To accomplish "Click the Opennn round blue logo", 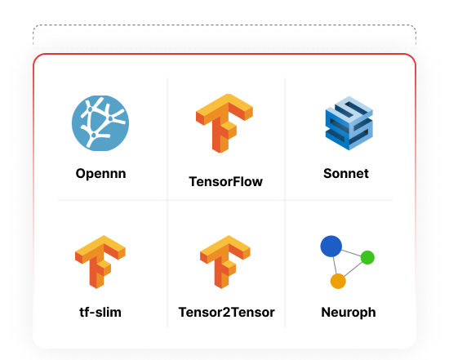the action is pos(100,123).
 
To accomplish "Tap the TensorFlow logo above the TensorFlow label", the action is pos(224,123).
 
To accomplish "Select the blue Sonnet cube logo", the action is pos(349,123).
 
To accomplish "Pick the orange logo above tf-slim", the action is pos(100,262).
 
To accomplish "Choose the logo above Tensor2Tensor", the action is pos(225,262).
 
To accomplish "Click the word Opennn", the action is pos(100,174).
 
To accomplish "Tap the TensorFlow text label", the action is pos(225,181).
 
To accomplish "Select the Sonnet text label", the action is pos(346,174).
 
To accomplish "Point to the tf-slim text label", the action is pos(100,312).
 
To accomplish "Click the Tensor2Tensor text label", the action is pos(226,312).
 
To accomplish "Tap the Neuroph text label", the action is pos(349,313).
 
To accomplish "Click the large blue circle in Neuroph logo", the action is pos(331,247).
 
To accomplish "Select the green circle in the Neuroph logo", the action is pos(367,257).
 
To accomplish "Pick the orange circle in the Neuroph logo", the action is pos(338,282).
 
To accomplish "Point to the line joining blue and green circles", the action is pos(351,252).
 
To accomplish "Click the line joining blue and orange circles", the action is pos(335,265).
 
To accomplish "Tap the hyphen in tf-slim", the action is pos(92,313).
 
